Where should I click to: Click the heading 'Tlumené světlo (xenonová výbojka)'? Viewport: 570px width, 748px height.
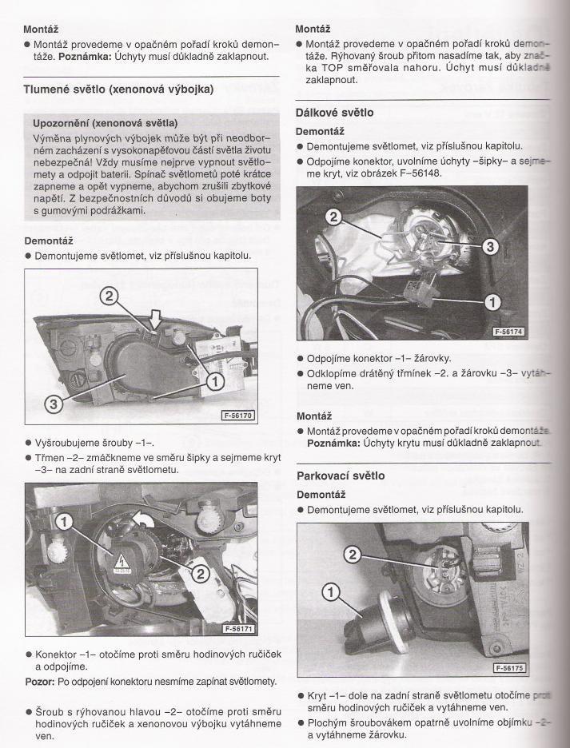click(x=118, y=89)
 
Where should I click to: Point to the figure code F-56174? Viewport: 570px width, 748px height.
click(x=508, y=331)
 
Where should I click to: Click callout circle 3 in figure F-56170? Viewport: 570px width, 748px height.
click(x=54, y=404)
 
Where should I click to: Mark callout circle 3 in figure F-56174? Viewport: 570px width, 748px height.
click(x=492, y=247)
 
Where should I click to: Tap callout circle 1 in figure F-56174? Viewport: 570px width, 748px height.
click(x=492, y=301)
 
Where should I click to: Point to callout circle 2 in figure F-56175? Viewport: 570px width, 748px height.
click(x=356, y=554)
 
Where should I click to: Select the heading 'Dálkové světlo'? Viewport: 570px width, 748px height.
click(x=334, y=113)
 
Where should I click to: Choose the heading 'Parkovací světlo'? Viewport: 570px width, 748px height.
click(x=340, y=475)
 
